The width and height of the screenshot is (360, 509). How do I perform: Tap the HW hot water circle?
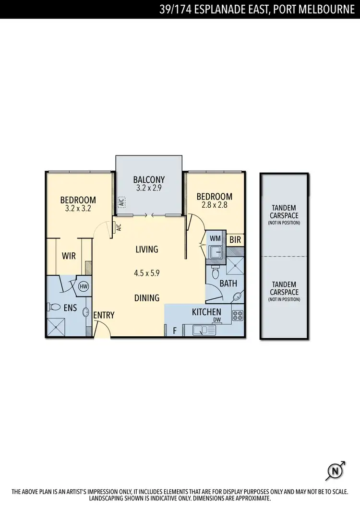point(83,286)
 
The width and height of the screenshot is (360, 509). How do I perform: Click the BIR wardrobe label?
point(235,238)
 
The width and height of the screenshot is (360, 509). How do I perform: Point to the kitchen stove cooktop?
point(237,315)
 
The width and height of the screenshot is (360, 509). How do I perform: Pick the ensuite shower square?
point(57,328)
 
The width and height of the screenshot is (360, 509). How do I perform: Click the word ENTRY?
point(104,315)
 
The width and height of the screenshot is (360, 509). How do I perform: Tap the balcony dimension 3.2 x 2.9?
point(149,188)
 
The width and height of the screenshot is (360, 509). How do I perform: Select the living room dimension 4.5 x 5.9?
point(146,273)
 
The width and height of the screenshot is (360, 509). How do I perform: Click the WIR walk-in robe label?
point(69,256)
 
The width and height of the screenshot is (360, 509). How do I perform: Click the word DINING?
point(146,298)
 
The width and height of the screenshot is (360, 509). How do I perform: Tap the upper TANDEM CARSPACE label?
point(284,212)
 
